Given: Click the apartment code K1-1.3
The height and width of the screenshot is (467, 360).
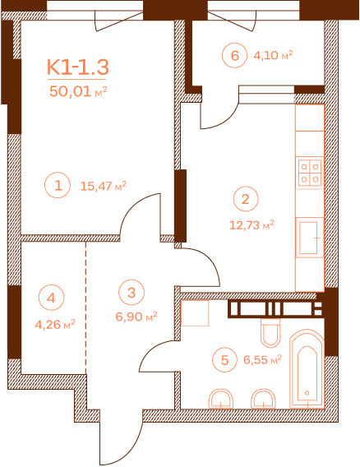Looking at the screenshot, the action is tap(78, 67).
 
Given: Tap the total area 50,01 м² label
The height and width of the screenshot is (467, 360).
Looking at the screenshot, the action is tap(78, 91).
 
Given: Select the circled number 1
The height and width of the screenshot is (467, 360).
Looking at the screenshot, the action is tap(58, 185).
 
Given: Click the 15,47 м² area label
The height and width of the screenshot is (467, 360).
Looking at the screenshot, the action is tap(104, 186).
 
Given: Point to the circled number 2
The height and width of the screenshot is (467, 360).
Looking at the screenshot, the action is tap(246, 199).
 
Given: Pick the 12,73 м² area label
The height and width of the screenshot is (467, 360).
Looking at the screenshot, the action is tap(252, 224).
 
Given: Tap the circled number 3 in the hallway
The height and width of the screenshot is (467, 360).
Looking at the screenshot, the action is tap(132, 292).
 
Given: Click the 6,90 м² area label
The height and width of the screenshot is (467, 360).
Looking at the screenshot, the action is tap(136, 317).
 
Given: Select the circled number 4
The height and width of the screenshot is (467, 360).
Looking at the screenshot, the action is tap(51, 298).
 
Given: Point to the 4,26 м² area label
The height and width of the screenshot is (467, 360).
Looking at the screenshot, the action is tap(55, 324).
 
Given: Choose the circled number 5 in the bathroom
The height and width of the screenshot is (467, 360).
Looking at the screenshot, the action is tap(225, 359).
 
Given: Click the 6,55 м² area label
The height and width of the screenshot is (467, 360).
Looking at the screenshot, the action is tap(263, 360).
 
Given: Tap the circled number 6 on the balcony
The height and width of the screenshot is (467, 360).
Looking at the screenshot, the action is tap(235, 55).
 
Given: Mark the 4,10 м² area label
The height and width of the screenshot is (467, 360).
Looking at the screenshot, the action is tap(273, 55).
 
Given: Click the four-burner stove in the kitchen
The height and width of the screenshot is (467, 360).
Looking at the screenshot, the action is tap(310, 173).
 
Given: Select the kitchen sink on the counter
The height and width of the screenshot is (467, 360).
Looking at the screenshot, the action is tap(310, 238).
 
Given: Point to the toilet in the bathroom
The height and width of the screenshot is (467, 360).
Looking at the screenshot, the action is tap(270, 333).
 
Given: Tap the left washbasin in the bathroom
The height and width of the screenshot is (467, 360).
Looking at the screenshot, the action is tap(221, 399).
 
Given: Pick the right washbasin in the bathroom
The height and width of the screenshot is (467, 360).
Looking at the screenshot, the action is tap(264, 399).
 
